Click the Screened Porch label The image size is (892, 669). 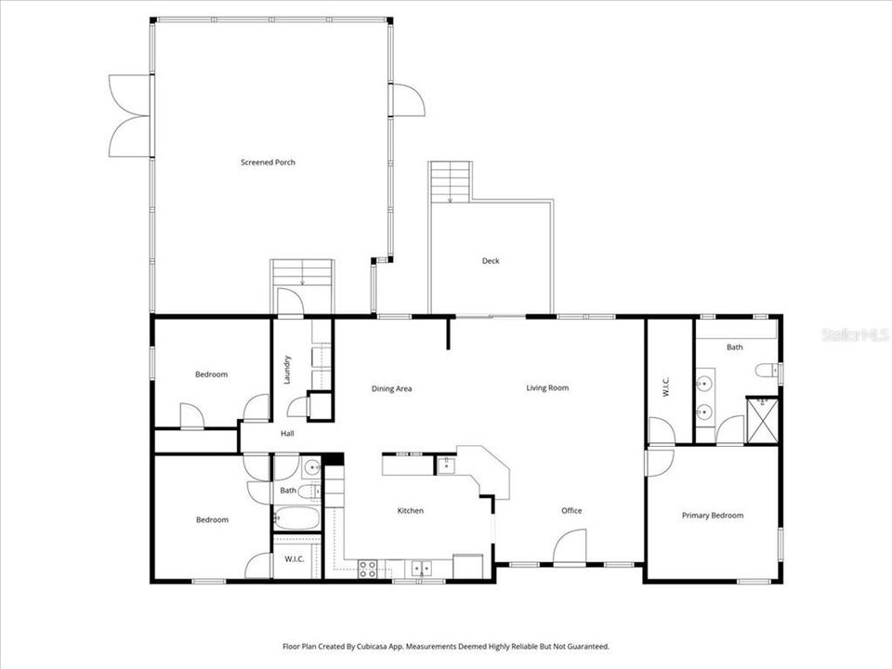pos(268,163)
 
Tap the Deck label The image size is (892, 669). pos(491,261)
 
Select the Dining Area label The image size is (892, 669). pos(391,388)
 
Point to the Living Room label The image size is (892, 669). pos(547,388)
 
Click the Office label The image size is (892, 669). pos(571,510)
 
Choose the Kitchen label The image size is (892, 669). pos(411,510)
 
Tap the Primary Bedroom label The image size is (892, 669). pos(713,516)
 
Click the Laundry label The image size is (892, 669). pos(288,370)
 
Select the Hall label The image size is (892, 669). pos(288,433)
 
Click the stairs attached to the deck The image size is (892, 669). pos(451,181)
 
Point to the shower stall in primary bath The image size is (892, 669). pos(762,421)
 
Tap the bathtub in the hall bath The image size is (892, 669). pos(296,518)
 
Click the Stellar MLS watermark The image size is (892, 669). pos(855,334)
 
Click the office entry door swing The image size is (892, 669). pos(570,545)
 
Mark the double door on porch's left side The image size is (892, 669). pos(130,115)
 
